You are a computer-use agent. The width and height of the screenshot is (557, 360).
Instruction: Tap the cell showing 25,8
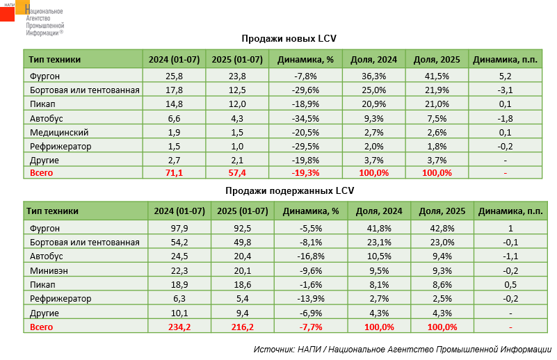(175, 76)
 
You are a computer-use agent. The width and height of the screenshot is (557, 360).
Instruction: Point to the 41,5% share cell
(436, 76)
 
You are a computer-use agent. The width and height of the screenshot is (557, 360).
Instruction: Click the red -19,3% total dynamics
(307, 173)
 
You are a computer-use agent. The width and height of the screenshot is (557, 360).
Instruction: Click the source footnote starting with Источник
(403, 348)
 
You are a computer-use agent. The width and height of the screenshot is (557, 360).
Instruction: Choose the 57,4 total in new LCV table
(239, 173)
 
